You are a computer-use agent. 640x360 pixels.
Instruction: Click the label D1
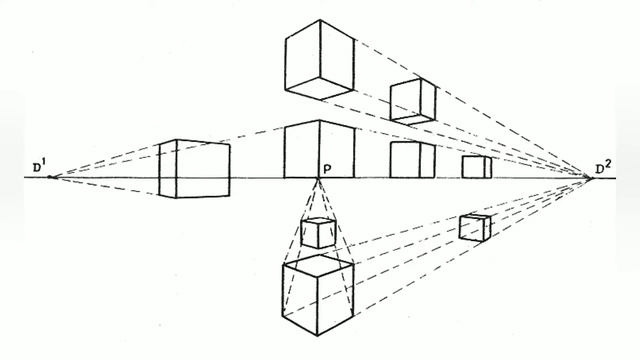[x=41, y=167]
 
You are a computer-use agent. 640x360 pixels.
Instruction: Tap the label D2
[x=603, y=168]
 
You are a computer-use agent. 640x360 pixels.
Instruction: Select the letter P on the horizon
[x=327, y=169]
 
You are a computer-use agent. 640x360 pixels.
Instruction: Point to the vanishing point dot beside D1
[x=50, y=177]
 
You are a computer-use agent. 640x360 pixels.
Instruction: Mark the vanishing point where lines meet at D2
[x=589, y=177]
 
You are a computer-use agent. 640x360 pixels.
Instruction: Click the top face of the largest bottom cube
[x=318, y=264]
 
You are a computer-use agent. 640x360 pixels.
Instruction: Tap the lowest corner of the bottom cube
[x=318, y=336]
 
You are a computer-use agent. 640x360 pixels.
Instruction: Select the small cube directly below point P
[x=318, y=233]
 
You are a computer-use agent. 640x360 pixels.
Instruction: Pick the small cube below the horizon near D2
[x=475, y=227]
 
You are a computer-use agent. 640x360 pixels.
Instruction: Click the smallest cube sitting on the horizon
[x=477, y=167]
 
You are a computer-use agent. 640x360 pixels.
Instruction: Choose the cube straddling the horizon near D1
[x=194, y=169]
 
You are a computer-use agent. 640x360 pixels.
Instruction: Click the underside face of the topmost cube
[x=319, y=88]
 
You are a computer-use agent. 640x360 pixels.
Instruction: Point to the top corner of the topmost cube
[x=320, y=20]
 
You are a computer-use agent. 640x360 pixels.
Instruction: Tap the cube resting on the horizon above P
[x=319, y=149]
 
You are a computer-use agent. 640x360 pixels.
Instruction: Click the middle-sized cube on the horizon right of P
[x=412, y=160]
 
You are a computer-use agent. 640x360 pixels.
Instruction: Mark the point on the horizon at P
[x=318, y=178]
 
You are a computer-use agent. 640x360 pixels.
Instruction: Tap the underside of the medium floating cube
[x=413, y=120]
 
